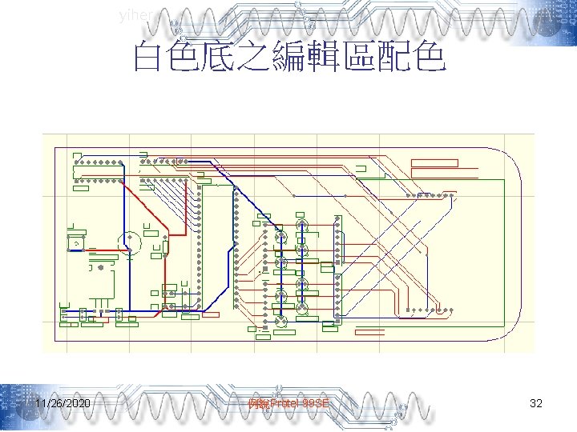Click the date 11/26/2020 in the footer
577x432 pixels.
pyautogui.click(x=63, y=404)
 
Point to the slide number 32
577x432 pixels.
pyautogui.click(x=536, y=404)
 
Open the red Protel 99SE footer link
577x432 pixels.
pyautogui.click(x=289, y=404)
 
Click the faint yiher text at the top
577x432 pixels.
pyautogui.click(x=133, y=14)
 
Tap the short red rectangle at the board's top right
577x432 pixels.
pyautogui.click(x=434, y=163)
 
